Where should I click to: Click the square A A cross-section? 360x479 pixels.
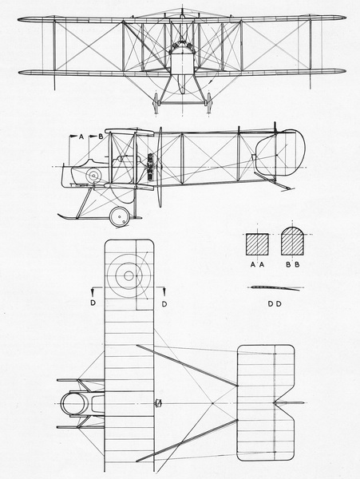[257, 244]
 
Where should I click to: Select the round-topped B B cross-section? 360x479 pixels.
[292, 241]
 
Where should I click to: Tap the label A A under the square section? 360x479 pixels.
[257, 265]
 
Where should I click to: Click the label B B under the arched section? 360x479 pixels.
[292, 265]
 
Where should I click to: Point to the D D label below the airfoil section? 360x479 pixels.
[275, 304]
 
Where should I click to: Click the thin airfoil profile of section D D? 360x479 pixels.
[275, 288]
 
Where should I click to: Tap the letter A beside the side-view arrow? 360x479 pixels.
[81, 137]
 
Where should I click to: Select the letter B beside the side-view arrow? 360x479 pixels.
[101, 137]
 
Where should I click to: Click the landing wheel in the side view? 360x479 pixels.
[119, 217]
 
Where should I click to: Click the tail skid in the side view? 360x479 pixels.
[275, 182]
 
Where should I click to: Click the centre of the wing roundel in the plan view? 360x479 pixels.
[129, 276]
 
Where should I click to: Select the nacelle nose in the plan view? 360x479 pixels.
[74, 403]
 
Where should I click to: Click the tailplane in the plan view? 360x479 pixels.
[266, 403]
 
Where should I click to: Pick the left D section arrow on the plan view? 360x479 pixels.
[93, 292]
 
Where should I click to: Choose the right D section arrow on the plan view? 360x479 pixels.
[164, 292]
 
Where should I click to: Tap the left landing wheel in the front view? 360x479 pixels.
[156, 103]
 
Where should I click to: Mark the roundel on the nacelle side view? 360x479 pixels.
[93, 176]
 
